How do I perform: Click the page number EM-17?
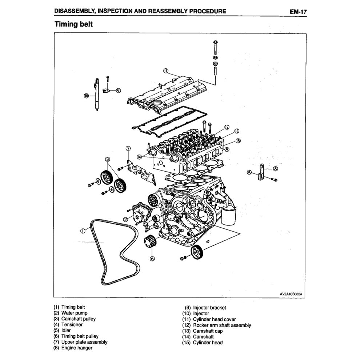pos(298,11)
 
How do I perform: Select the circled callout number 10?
pos(86,96)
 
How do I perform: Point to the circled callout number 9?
pos(118,91)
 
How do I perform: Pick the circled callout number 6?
pos(152,259)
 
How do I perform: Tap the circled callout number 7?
pos(128,149)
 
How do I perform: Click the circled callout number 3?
pos(108,159)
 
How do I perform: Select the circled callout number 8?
pos(275,168)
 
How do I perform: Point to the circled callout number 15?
pos(238,141)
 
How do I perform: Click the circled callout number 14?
pos(139,157)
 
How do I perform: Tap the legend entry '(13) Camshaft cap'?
pos(207,331)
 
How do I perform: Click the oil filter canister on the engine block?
pos(228,215)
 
